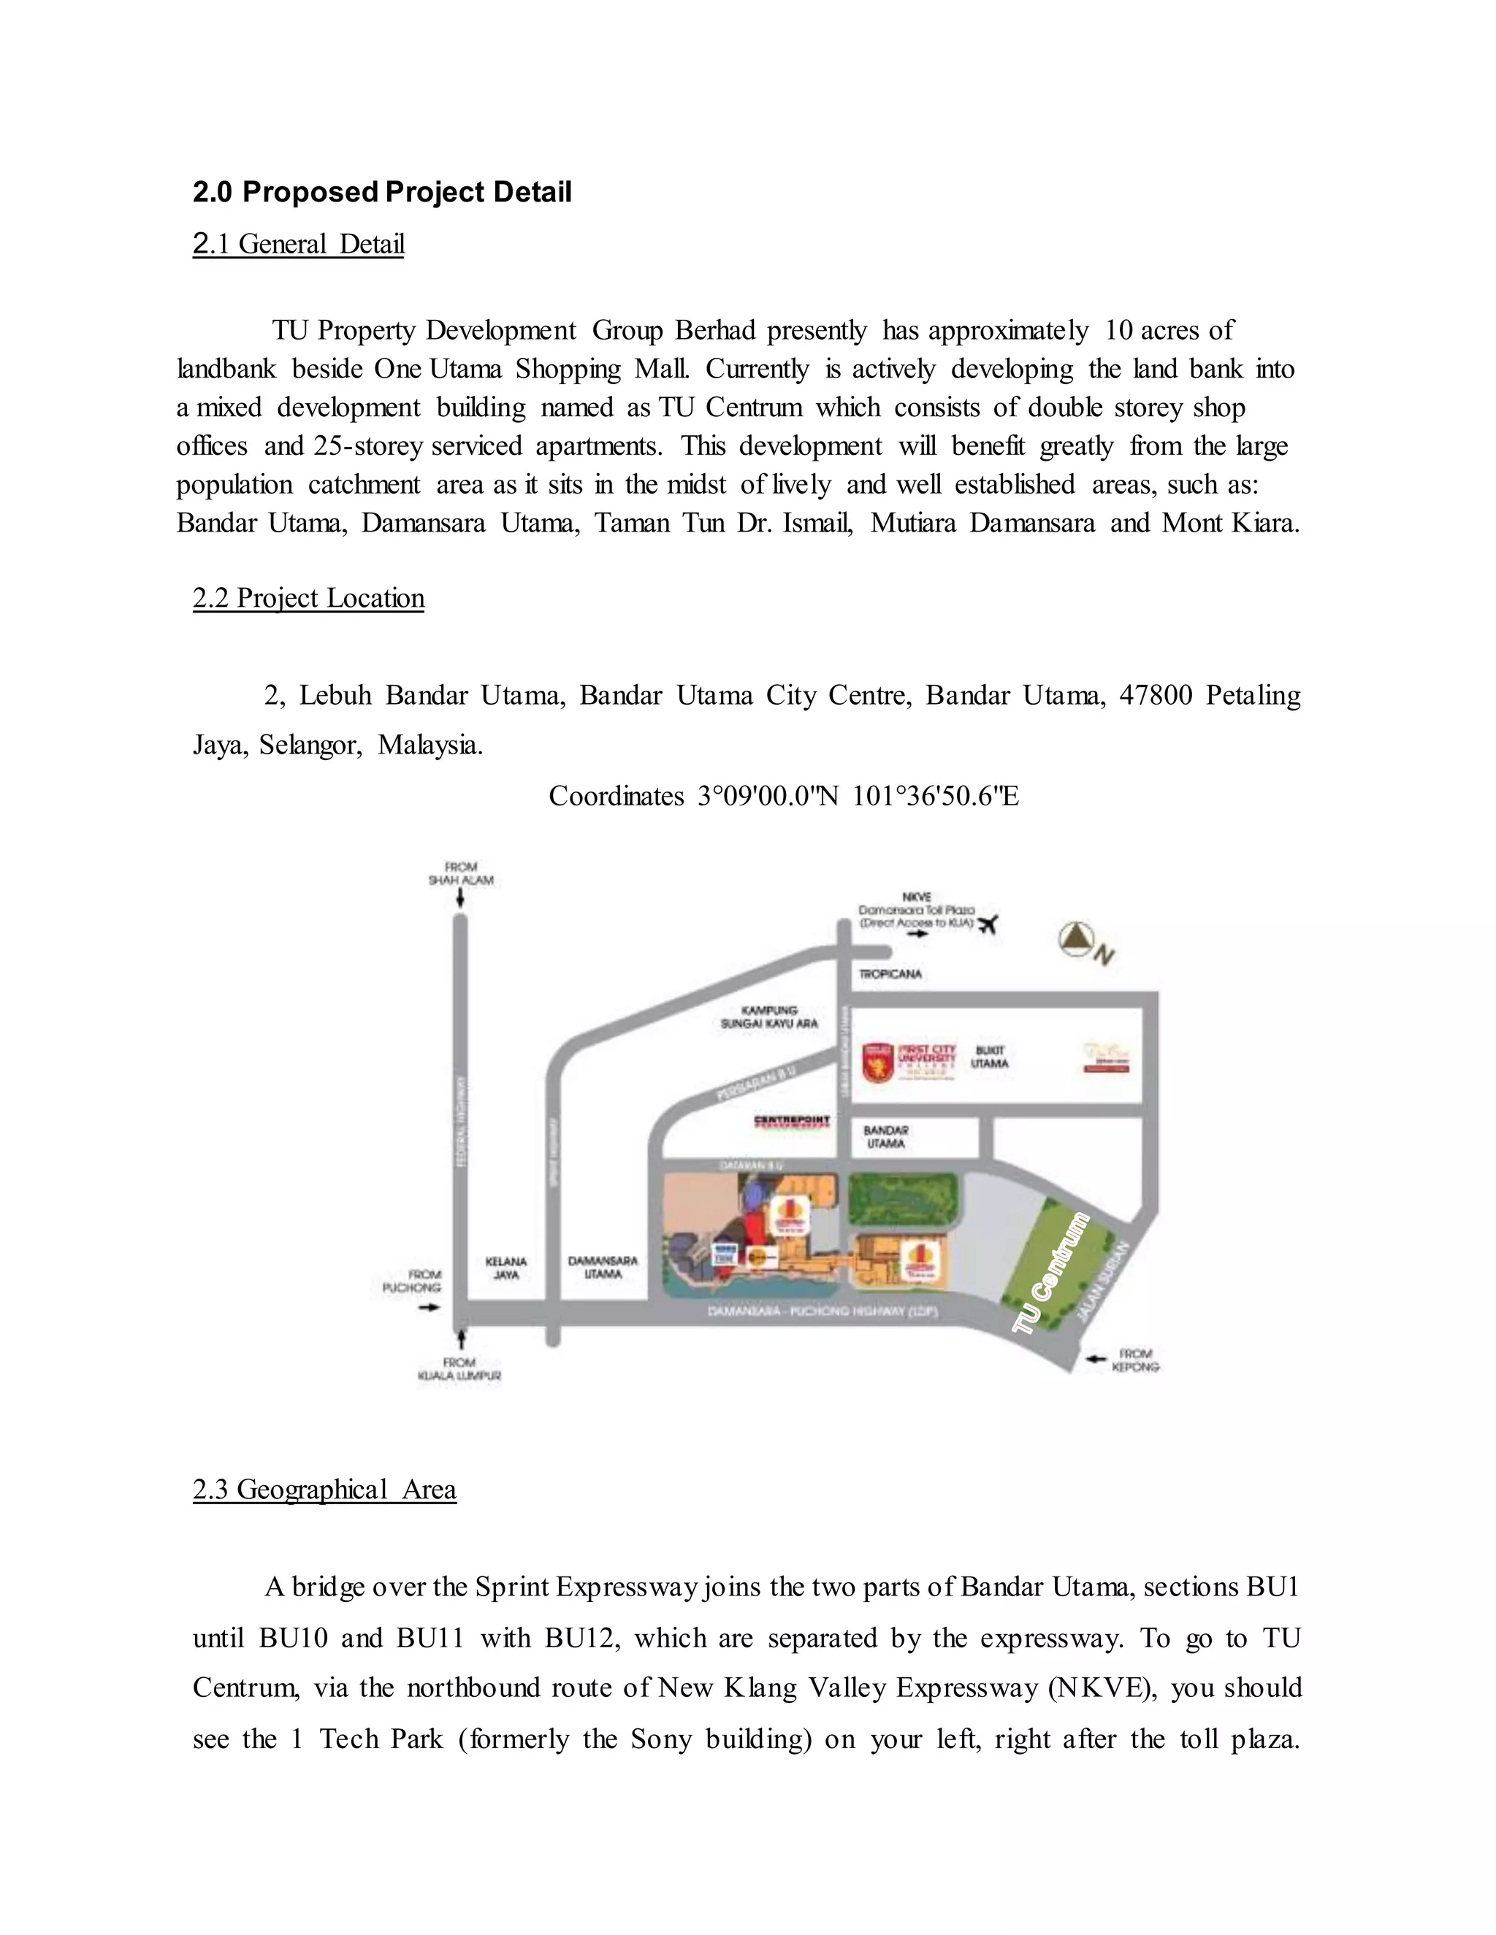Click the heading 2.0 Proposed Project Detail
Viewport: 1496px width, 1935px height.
tap(382, 192)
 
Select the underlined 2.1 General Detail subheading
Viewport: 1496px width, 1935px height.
tap(299, 244)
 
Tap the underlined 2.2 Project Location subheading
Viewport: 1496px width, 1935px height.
tap(308, 598)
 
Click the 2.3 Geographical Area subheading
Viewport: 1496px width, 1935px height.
tap(324, 1490)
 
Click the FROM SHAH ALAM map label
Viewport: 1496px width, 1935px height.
tap(461, 873)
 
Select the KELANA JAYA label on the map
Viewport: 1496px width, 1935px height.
tap(506, 1268)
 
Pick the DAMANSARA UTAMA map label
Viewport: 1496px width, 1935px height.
tap(603, 1267)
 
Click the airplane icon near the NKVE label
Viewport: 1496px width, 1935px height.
tap(988, 924)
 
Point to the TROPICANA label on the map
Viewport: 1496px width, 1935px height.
tap(890, 973)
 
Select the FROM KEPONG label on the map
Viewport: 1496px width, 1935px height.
tap(1135, 1360)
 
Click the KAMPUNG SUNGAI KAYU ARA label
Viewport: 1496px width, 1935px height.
tap(768, 1016)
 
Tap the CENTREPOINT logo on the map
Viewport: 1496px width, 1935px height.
tap(791, 1121)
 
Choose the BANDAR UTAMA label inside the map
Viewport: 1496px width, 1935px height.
tap(885, 1137)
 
